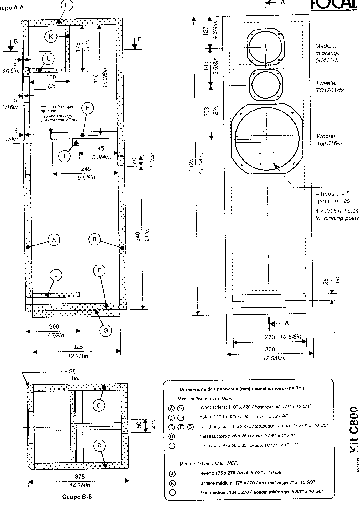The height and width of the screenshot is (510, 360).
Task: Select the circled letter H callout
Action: [88, 108]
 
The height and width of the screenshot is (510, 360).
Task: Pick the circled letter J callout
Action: [56, 275]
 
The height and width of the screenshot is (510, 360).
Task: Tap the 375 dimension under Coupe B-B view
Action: [80, 477]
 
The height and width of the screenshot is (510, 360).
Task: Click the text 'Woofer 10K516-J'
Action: [327, 140]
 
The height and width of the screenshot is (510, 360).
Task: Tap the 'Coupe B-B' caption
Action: [77, 497]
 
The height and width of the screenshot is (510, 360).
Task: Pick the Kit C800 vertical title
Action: [353, 429]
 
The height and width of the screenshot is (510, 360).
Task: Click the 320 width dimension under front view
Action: [270, 349]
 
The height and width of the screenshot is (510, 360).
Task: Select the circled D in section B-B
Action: [99, 446]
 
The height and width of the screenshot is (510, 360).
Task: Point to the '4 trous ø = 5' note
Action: [333, 194]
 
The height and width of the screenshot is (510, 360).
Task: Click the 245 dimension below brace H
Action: [86, 169]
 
